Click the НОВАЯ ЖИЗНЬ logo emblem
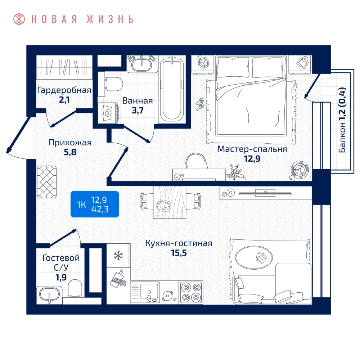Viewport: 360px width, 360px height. tap(19, 19)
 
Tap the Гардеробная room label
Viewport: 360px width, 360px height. tap(64, 90)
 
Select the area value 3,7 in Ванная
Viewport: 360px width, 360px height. tap(138, 111)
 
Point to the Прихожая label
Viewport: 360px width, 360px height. tap(70, 143)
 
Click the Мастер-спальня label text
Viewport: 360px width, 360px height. tap(252, 149)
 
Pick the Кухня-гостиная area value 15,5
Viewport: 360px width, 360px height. tap(179, 253)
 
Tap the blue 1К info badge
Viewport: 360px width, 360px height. tap(95, 204)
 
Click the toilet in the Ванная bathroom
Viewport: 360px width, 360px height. tap(113, 84)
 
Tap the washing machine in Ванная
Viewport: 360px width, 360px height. tap(108, 113)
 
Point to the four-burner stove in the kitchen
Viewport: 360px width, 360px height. tap(191, 292)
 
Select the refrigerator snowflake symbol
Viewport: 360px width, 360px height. tap(118, 256)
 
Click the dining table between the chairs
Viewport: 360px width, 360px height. tap(170, 202)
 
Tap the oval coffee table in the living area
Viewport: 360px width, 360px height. tap(254, 257)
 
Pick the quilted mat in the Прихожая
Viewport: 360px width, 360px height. tap(47, 182)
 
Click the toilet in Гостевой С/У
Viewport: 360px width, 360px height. tap(75, 288)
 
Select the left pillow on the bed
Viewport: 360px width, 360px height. tap(233, 67)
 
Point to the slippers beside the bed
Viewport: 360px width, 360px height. tap(200, 104)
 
